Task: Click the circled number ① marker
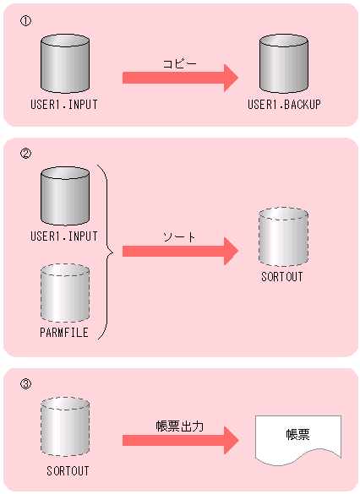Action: coord(25,21)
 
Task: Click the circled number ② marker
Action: coord(25,155)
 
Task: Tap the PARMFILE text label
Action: coord(64,332)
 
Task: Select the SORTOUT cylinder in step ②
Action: coord(282,236)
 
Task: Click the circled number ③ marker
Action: coord(25,384)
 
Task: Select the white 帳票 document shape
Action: coord(297,437)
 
